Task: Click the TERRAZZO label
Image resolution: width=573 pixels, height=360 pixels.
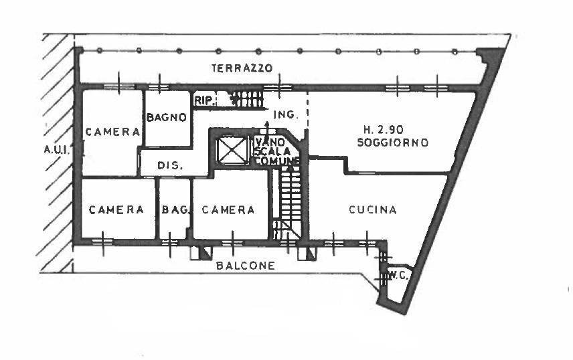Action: point(242,68)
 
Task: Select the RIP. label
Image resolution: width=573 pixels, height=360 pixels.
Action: point(203,101)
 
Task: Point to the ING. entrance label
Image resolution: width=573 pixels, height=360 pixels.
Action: point(285,115)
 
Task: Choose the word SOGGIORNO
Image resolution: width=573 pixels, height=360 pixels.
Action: point(392,143)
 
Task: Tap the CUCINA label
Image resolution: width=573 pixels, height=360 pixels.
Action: point(373,210)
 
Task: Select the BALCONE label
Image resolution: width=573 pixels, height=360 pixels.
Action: point(246,266)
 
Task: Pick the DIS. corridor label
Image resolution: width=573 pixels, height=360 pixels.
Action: point(171,165)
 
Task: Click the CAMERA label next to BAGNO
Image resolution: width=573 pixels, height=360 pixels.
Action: point(112,132)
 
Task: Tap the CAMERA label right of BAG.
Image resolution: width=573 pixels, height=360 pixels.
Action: point(228,210)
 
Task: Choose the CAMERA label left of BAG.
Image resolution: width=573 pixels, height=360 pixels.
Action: point(117,209)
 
